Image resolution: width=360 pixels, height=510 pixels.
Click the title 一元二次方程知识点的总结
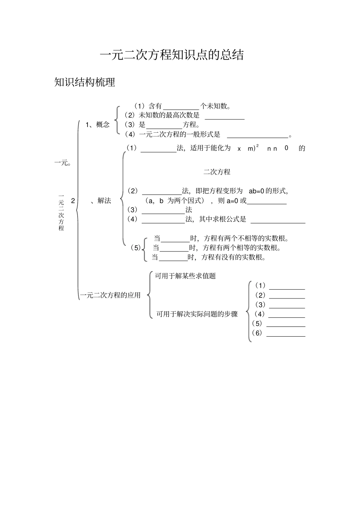[172, 55]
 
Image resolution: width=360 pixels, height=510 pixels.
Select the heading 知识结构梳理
[85, 82]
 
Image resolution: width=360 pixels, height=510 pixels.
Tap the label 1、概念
[97, 125]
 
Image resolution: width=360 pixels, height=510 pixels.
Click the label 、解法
[102, 201]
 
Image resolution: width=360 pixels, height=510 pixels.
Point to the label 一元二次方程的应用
[110, 295]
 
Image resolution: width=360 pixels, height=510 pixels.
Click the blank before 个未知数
[181, 107]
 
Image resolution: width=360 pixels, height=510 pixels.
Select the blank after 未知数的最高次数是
[224, 116]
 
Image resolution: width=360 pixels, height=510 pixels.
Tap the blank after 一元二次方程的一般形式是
[258, 135]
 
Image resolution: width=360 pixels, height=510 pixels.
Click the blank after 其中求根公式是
[278, 220]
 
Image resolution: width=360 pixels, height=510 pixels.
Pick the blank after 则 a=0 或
[267, 201]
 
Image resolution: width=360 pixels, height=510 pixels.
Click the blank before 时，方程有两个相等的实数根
[174, 248]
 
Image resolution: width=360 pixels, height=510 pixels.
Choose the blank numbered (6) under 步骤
[286, 333]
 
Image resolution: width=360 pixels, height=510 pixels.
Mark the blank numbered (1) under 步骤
[287, 286]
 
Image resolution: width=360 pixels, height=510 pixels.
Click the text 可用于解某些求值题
[185, 276]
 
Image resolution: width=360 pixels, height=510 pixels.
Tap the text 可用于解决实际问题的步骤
[197, 314]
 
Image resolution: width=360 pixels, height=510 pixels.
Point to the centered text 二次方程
[217, 172]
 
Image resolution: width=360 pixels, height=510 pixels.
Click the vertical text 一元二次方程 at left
[61, 212]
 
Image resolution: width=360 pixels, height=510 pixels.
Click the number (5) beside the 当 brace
[135, 248]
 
